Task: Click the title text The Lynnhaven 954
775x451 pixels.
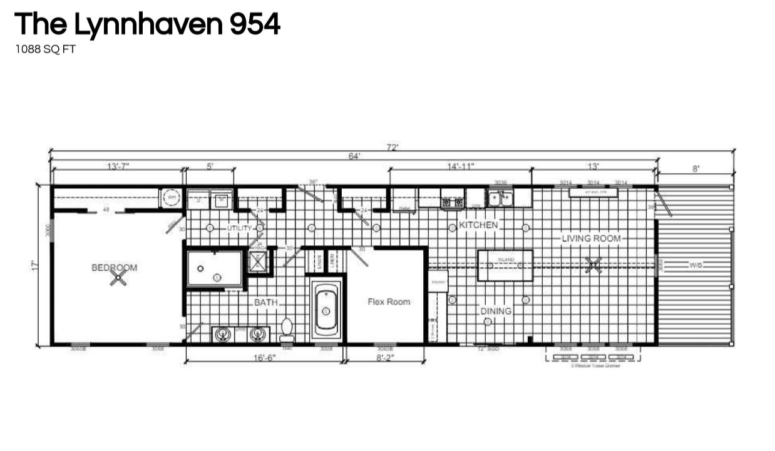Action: click(147, 24)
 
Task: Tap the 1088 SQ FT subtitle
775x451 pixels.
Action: click(45, 49)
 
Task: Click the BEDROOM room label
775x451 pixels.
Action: click(115, 267)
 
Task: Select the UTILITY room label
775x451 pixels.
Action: click(239, 228)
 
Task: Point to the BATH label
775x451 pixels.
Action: click(266, 303)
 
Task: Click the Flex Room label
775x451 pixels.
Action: click(389, 302)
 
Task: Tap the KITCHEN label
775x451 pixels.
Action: click(479, 225)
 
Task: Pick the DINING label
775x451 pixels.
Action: click(496, 311)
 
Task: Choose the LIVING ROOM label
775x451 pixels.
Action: click(591, 238)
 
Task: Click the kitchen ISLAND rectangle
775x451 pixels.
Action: click(505, 266)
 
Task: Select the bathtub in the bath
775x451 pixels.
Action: click(326, 310)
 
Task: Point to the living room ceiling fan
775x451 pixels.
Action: click(593, 265)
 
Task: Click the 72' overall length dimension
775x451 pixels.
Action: click(393, 148)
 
